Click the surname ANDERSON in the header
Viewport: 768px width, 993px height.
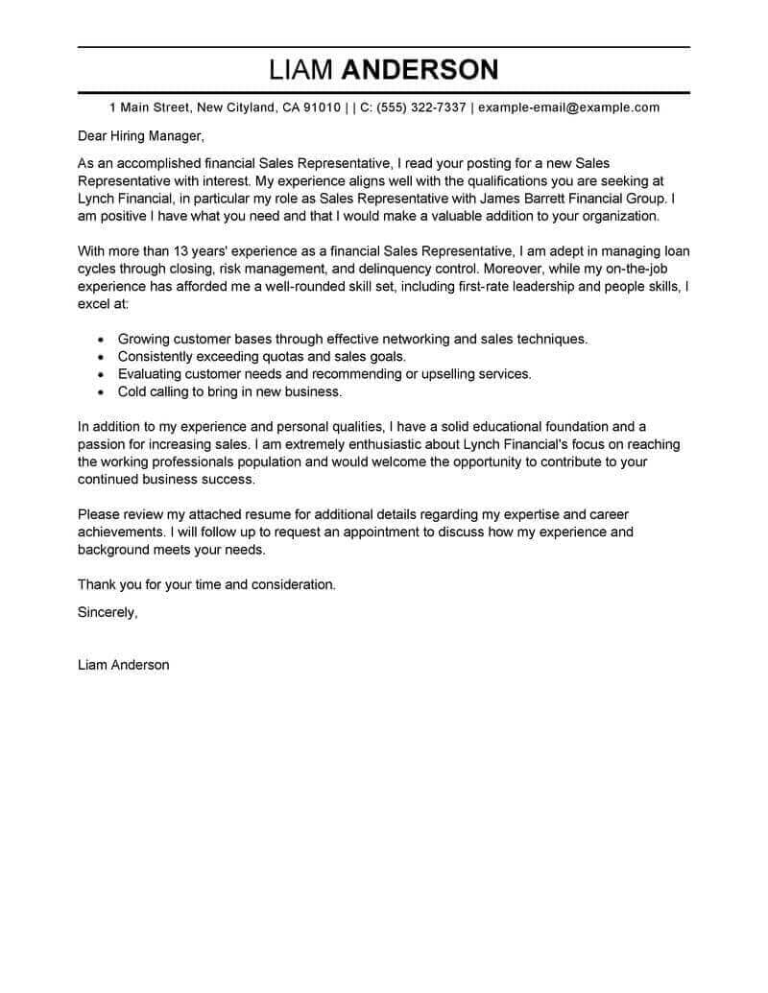click(420, 70)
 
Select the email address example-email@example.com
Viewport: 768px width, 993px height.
click(568, 107)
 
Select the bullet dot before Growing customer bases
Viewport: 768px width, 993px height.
click(101, 340)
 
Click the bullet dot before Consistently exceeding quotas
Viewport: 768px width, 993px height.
click(101, 357)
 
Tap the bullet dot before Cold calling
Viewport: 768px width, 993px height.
click(101, 392)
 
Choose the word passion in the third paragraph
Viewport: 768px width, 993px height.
click(102, 444)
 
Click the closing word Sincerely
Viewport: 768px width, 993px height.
click(108, 611)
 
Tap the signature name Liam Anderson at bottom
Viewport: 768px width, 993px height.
click(123, 664)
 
